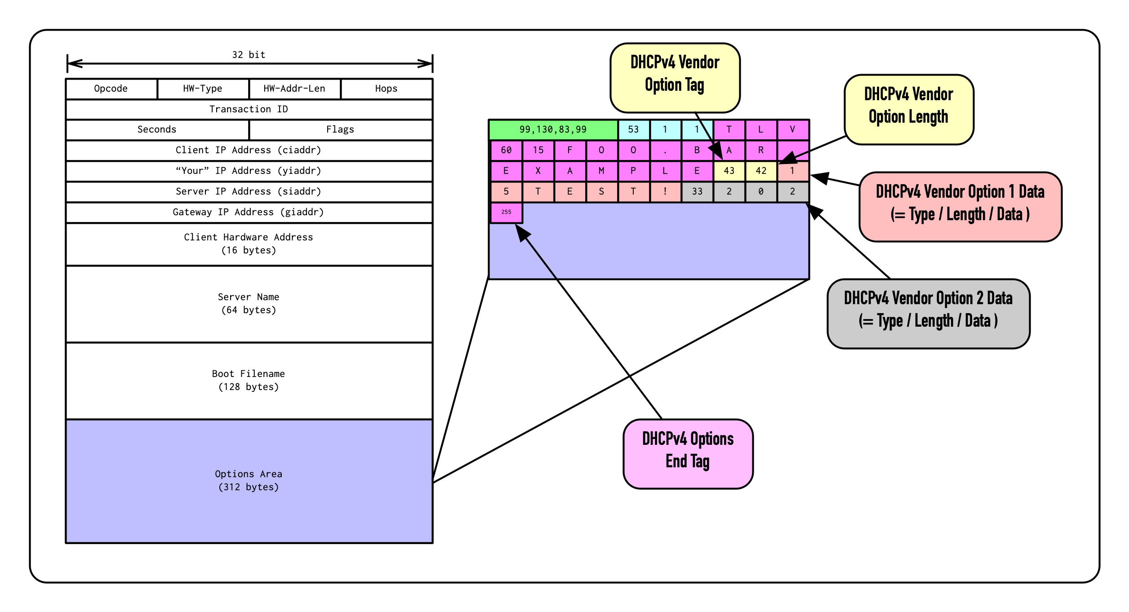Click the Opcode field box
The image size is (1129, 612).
pos(111,89)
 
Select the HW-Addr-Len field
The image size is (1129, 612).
pos(294,89)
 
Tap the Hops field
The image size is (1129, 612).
pos(387,89)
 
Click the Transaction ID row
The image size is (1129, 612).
pos(249,109)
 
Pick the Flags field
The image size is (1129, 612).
pos(340,129)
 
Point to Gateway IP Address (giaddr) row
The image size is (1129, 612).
pos(249,212)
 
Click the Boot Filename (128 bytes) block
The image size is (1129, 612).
pos(249,380)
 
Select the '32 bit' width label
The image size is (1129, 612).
pos(249,55)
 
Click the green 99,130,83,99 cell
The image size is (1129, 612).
pos(553,129)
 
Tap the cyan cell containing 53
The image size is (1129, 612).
pos(633,129)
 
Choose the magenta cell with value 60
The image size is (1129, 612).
pos(506,150)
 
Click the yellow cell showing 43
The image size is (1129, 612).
pos(729,171)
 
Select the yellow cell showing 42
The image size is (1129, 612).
pos(761,171)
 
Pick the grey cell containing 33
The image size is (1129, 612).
pos(697,191)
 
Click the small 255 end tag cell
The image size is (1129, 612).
pos(506,212)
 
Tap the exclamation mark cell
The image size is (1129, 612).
pos(665,191)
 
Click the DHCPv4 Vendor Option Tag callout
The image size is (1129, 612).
pos(675,77)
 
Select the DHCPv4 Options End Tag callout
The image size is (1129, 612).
pos(688,453)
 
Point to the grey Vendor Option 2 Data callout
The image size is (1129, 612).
pos(928,313)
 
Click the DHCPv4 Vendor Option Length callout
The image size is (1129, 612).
pos(908,109)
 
